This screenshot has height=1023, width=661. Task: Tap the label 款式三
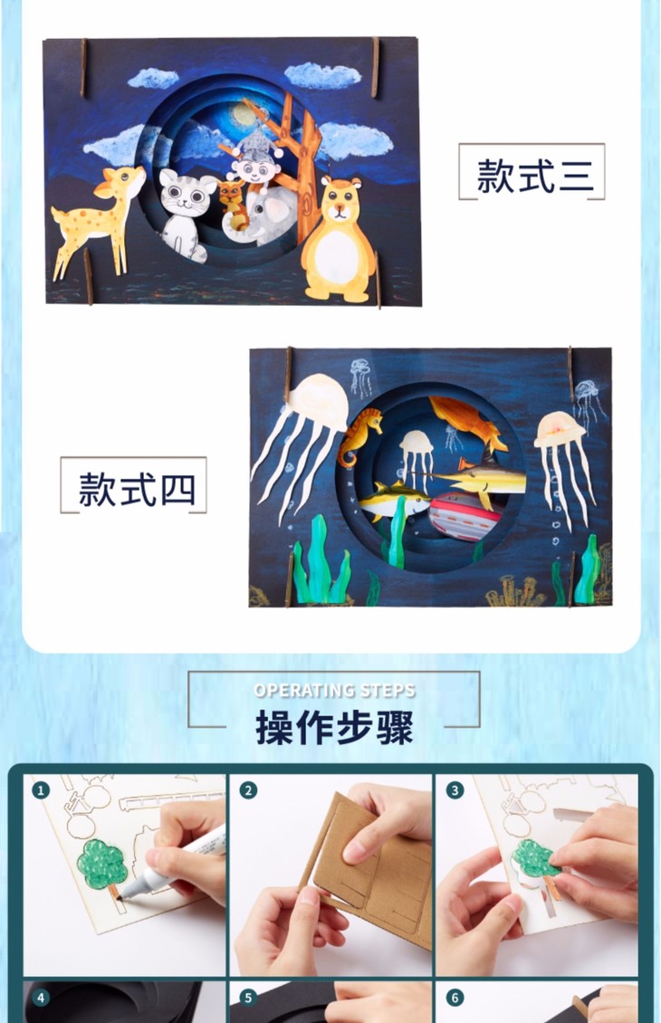(x=535, y=175)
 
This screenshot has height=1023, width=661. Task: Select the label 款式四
(x=137, y=489)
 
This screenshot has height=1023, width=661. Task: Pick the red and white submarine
(x=465, y=515)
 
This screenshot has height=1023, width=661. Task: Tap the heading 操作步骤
(x=334, y=727)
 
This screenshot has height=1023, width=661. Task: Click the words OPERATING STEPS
(x=334, y=690)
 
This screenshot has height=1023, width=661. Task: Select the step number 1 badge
(x=41, y=790)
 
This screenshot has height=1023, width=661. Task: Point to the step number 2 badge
(x=247, y=790)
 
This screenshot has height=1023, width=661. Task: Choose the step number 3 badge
(x=455, y=790)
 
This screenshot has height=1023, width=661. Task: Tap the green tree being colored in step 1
(x=101, y=867)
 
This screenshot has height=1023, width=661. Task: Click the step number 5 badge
(x=247, y=997)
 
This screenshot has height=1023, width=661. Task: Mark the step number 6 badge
(x=455, y=997)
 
